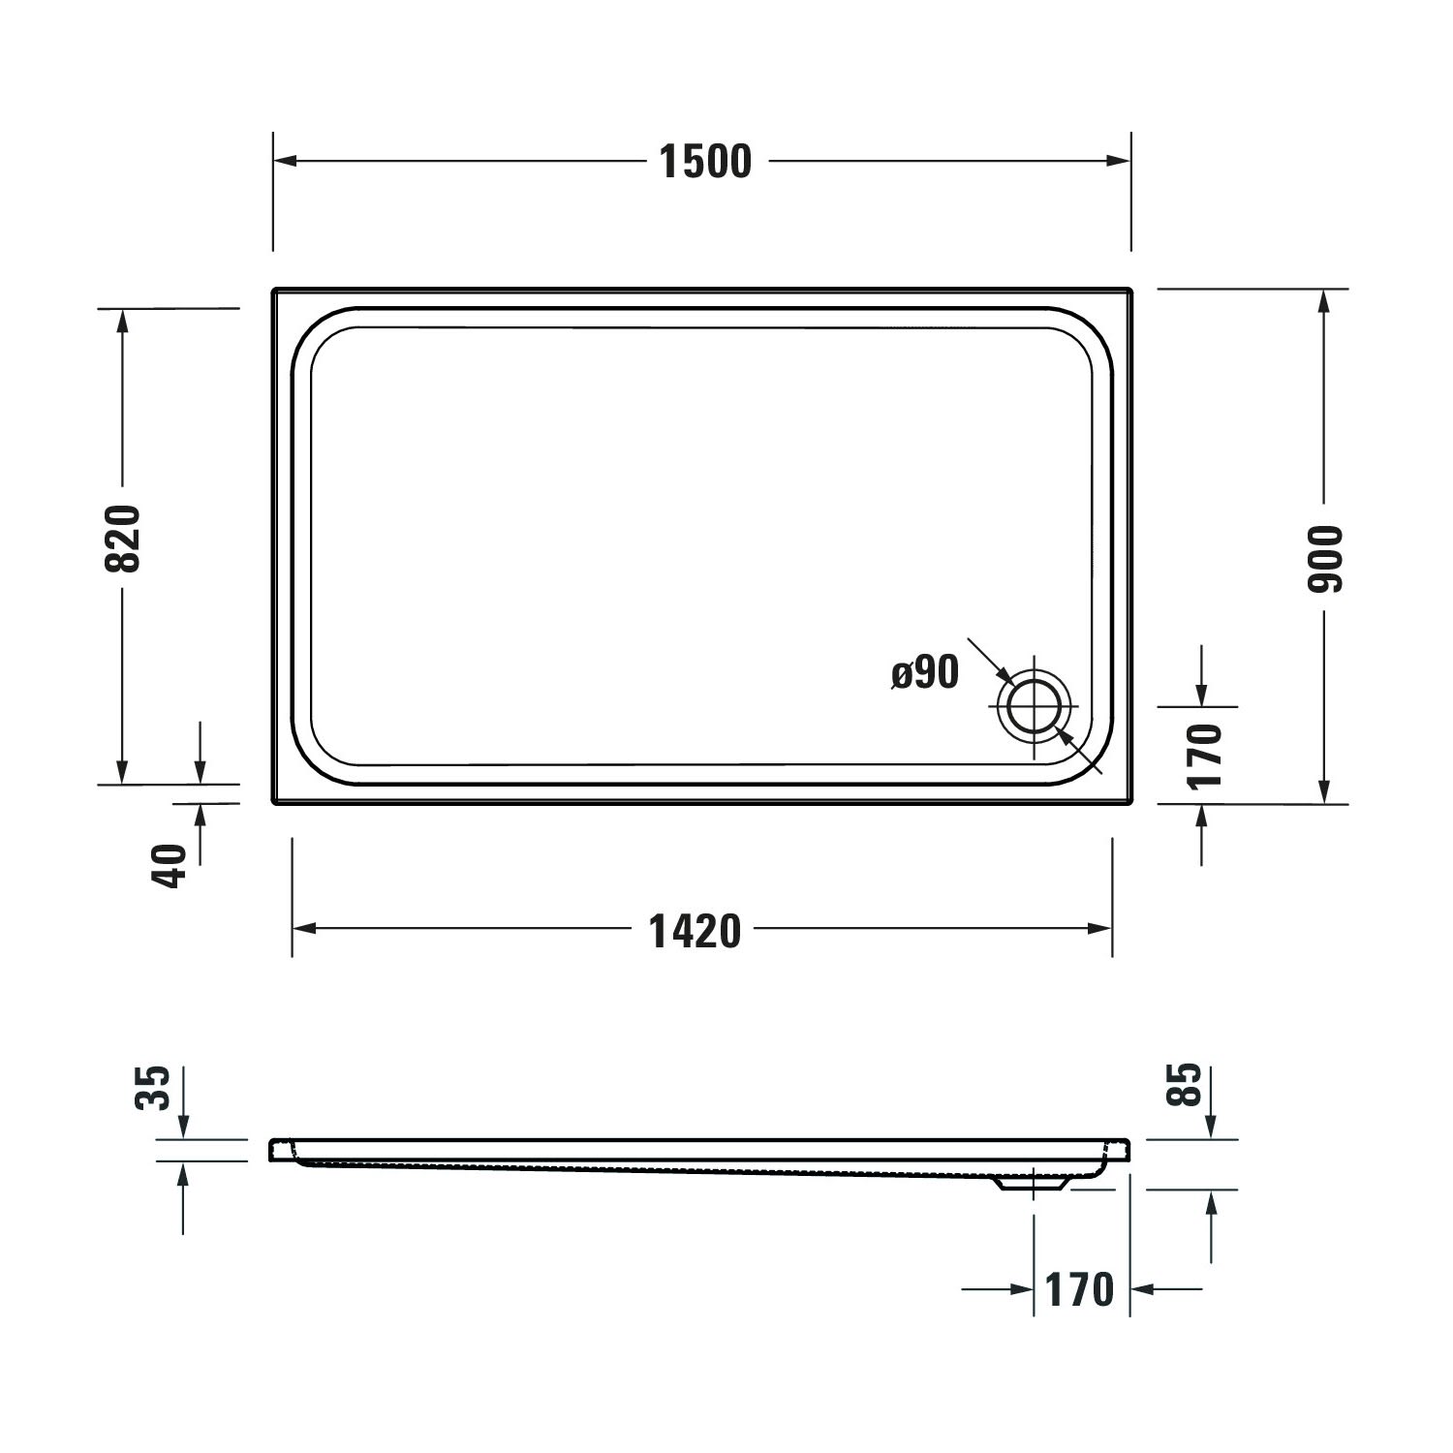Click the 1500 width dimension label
click(705, 162)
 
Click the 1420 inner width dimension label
click(695, 930)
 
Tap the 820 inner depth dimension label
click(124, 539)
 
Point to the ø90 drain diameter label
click(926, 671)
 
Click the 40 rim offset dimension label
click(170, 867)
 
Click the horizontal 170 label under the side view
click(1080, 1289)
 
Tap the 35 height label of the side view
click(154, 1087)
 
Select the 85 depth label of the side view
click(1187, 1085)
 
